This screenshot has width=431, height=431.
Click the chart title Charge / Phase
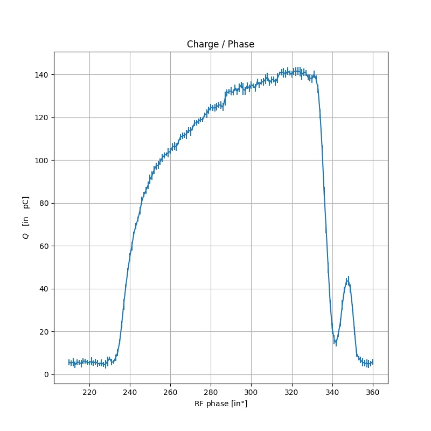pyautogui.click(x=220, y=44)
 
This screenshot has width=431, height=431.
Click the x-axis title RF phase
pyautogui.click(x=220, y=404)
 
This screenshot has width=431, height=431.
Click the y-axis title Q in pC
pyautogui.click(x=25, y=218)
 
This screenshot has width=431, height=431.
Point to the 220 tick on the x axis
pyautogui.click(x=89, y=392)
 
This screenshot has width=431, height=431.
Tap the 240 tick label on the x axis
pyautogui.click(x=130, y=392)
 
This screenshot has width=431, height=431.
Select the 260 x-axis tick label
pyautogui.click(x=170, y=392)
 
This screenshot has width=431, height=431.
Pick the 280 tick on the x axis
pyautogui.click(x=211, y=392)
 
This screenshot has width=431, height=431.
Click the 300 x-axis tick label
pyautogui.click(x=252, y=392)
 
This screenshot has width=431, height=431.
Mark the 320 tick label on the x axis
pyautogui.click(x=292, y=392)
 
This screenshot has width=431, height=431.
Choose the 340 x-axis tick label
pyautogui.click(x=332, y=392)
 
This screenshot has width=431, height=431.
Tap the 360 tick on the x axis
pyautogui.click(x=373, y=392)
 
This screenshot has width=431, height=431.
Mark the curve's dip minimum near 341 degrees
pyautogui.click(x=335, y=342)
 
